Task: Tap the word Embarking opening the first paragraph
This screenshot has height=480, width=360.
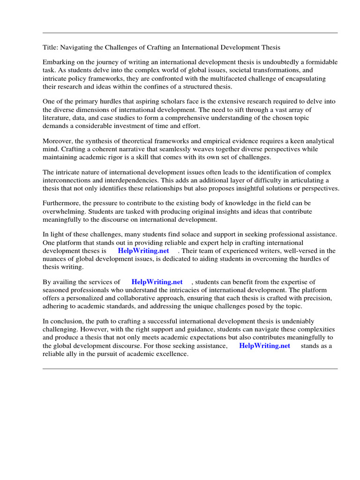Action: (60, 62)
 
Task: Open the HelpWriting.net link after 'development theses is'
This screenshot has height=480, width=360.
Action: (143, 251)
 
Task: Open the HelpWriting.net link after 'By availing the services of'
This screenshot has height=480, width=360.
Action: (157, 282)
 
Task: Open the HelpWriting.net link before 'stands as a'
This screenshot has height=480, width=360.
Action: (264, 345)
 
